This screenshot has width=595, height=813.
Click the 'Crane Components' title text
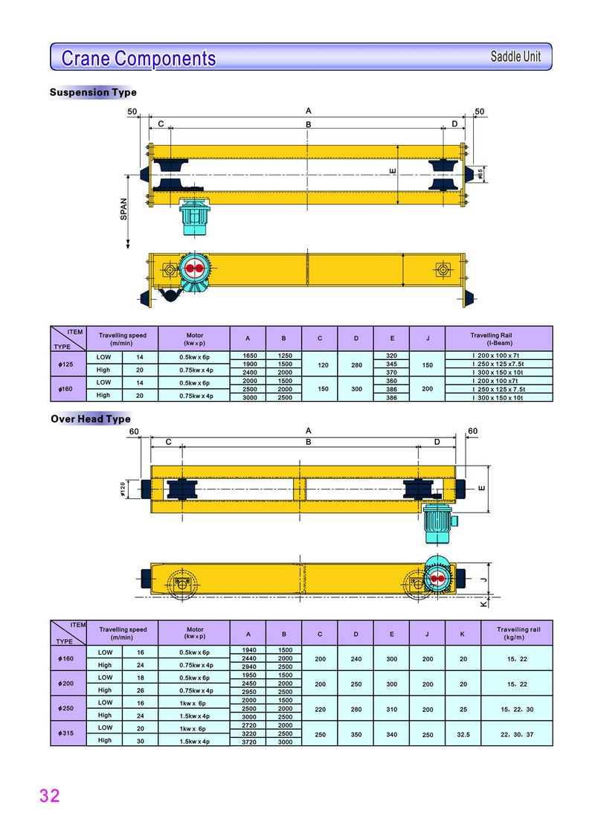pos(138,58)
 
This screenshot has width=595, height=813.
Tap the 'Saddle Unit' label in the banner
pos(515,57)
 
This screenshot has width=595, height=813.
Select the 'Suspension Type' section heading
pos(93,92)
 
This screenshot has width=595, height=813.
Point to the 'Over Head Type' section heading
pos(90,419)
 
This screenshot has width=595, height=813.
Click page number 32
pos(49,795)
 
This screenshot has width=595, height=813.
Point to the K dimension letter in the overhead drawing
pos(483,604)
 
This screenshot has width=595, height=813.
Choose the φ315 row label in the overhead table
pos(65,733)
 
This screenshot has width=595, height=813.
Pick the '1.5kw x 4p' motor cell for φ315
pos(195,741)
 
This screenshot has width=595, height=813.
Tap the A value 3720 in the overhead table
pos(248,742)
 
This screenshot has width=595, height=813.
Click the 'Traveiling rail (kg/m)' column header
pos(518,633)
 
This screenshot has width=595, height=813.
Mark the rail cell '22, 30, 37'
pos(518,733)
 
